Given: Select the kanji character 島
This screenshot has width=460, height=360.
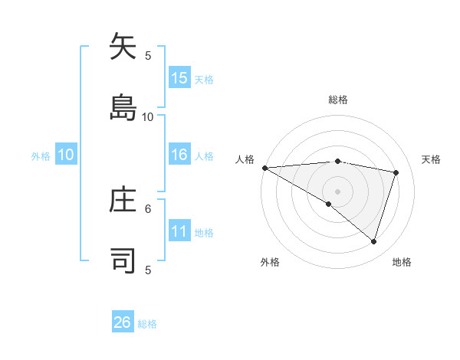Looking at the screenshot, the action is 123,107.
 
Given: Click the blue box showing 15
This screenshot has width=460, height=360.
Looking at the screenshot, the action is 179,78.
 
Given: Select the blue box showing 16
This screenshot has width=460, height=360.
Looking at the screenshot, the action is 179,155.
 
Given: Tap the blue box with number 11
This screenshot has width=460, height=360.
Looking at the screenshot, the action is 179,231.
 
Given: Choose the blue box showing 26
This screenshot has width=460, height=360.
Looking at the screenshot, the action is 123,322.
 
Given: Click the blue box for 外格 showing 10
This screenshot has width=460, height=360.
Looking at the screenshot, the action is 66,155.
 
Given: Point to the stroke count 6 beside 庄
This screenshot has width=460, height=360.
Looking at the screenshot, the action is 149,208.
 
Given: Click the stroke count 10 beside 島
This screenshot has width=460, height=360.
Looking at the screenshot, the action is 148,116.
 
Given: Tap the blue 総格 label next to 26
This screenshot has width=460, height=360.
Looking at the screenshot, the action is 147,324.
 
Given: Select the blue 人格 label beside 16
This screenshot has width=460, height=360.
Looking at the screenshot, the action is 204,155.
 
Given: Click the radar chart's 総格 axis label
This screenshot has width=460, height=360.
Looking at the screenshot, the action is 338,100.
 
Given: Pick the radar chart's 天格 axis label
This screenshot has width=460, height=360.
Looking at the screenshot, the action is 432,159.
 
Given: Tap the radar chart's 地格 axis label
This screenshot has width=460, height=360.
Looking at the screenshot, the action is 402,262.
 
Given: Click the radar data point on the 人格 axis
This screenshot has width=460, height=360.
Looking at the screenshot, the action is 264,167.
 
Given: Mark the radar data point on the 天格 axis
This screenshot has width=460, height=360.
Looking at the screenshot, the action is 396,172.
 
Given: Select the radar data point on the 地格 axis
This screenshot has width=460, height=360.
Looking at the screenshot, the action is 373,242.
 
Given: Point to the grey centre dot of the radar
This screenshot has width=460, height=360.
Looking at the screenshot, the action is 337,191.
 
